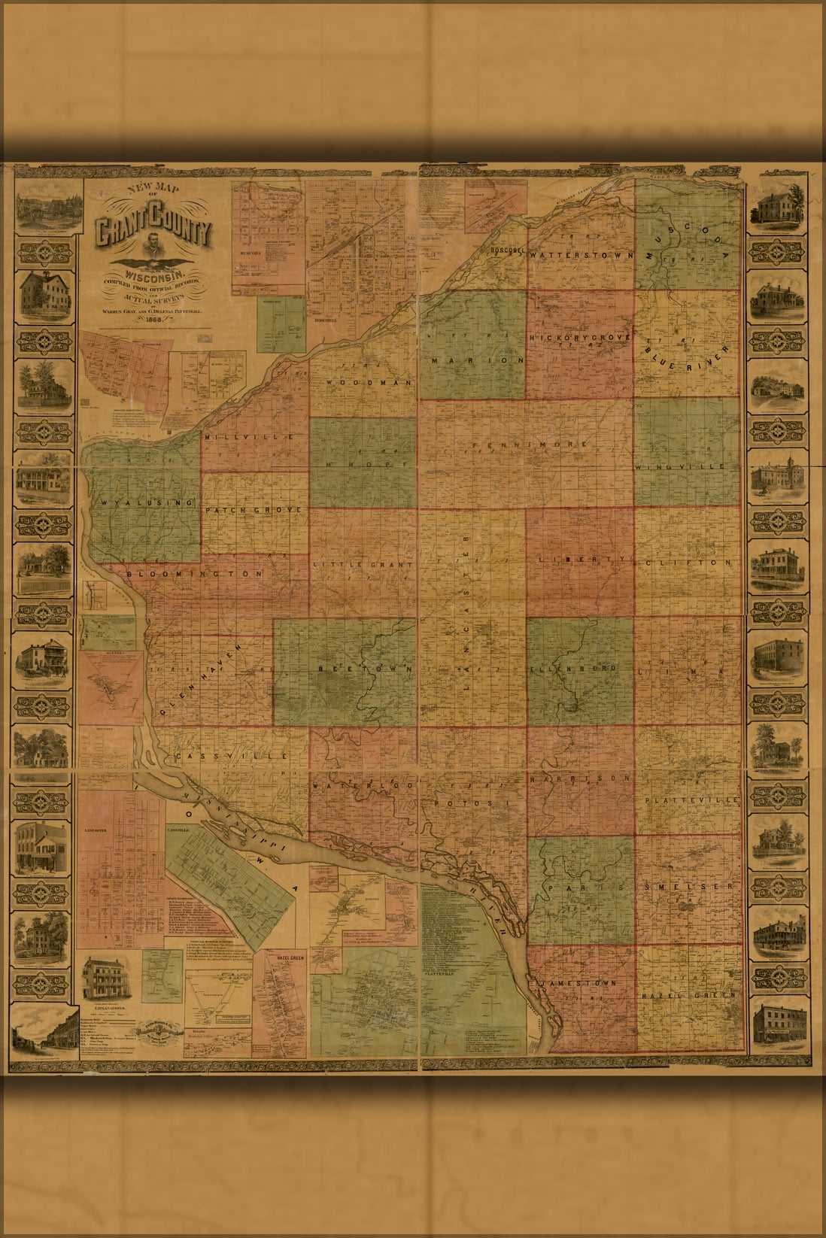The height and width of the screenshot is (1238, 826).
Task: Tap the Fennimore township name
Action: (541, 445)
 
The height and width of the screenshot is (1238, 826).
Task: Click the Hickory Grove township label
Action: (579, 338)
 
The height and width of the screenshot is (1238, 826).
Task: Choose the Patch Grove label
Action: (254, 510)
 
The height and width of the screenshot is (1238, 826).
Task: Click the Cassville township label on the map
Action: (231, 755)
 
